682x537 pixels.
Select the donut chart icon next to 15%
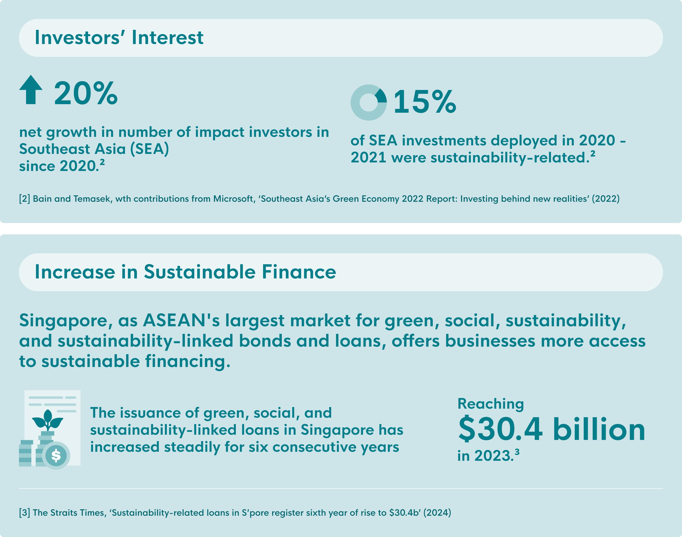368,103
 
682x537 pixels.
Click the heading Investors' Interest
119,38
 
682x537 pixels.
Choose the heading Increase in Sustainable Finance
185,272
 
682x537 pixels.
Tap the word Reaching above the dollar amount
490,404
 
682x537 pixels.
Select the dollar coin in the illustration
56,455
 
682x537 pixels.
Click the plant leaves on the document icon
48,420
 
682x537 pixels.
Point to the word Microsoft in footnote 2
233,199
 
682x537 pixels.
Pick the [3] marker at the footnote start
25,513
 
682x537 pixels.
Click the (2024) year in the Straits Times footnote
437,513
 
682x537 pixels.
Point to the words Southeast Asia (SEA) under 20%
94,149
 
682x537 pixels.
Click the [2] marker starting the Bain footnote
25,199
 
